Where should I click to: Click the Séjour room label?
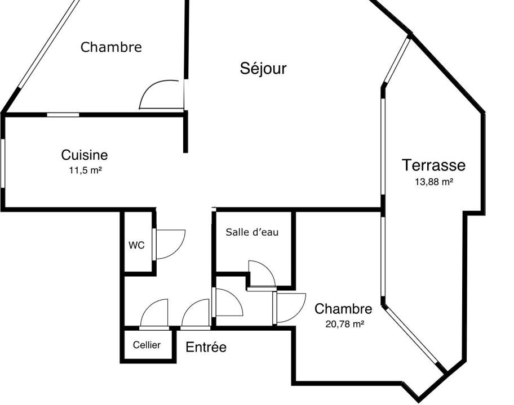click(263, 69)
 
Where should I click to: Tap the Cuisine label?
click(85, 155)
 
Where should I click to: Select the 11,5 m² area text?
click(85, 169)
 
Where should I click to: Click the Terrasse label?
click(433, 165)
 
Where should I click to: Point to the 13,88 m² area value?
click(434, 182)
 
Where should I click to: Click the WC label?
click(136, 245)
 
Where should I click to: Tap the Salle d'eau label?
click(252, 232)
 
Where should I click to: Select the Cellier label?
click(147, 345)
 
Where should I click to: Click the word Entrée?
click(206, 348)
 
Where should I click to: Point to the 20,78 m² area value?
click(343, 323)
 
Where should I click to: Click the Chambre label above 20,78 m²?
click(343, 309)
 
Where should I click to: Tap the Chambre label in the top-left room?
click(111, 47)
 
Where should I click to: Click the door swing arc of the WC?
click(170, 244)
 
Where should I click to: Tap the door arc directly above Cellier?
click(154, 313)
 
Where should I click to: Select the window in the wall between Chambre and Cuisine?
click(63, 115)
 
